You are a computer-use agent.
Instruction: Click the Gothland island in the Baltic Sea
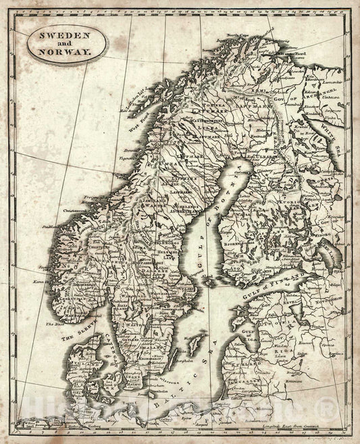195,347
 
